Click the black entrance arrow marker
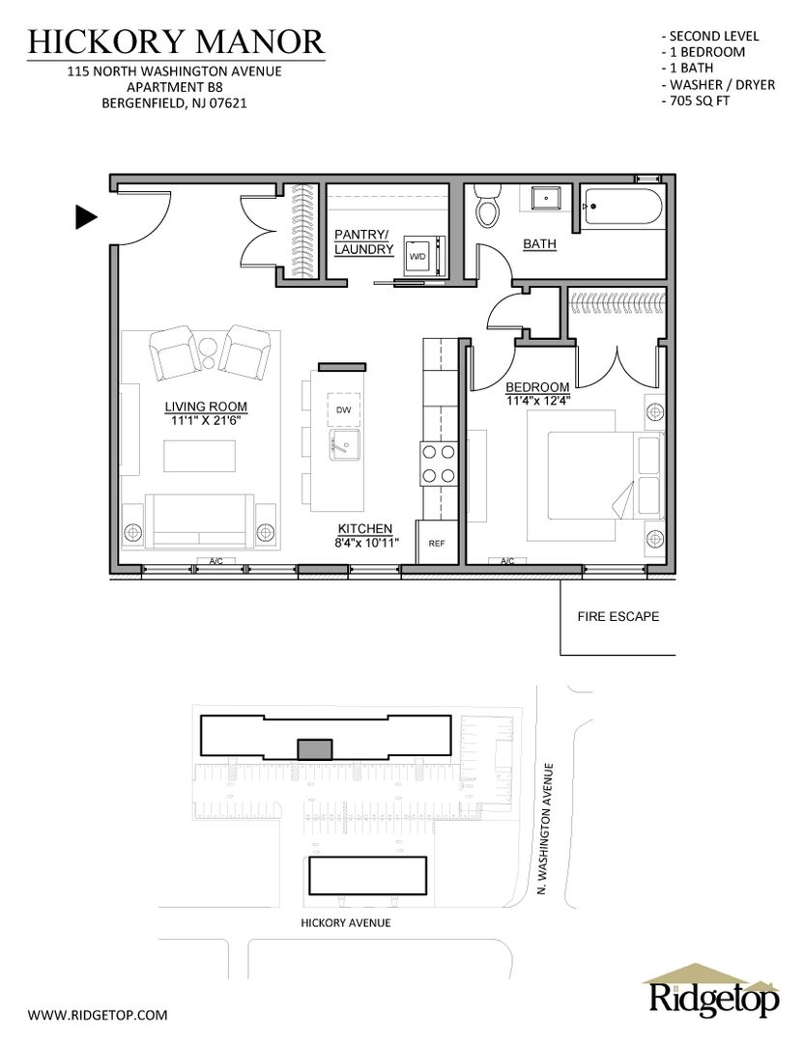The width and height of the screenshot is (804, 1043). pyautogui.click(x=85, y=217)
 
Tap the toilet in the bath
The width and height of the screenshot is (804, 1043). pyautogui.click(x=486, y=206)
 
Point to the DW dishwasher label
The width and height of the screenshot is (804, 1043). pyautogui.click(x=343, y=409)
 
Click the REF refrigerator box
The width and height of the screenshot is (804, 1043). pyautogui.click(x=437, y=543)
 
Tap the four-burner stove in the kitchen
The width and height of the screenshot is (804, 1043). pyautogui.click(x=438, y=465)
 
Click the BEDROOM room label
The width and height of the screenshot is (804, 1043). pyautogui.click(x=537, y=387)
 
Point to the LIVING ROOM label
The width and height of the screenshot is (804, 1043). pyautogui.click(x=206, y=407)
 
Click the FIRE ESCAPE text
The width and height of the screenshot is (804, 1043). pyautogui.click(x=618, y=616)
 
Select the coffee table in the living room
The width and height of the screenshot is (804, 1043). pyautogui.click(x=200, y=456)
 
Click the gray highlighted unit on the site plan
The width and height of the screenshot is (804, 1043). pyautogui.click(x=315, y=749)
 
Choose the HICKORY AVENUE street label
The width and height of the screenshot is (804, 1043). pyautogui.click(x=345, y=922)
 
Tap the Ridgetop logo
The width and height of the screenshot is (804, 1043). pyautogui.click(x=711, y=991)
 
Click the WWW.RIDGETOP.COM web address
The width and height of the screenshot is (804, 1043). pyautogui.click(x=98, y=1015)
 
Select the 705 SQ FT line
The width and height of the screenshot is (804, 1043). pyautogui.click(x=696, y=101)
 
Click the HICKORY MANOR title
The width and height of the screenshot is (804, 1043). pyautogui.click(x=177, y=42)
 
